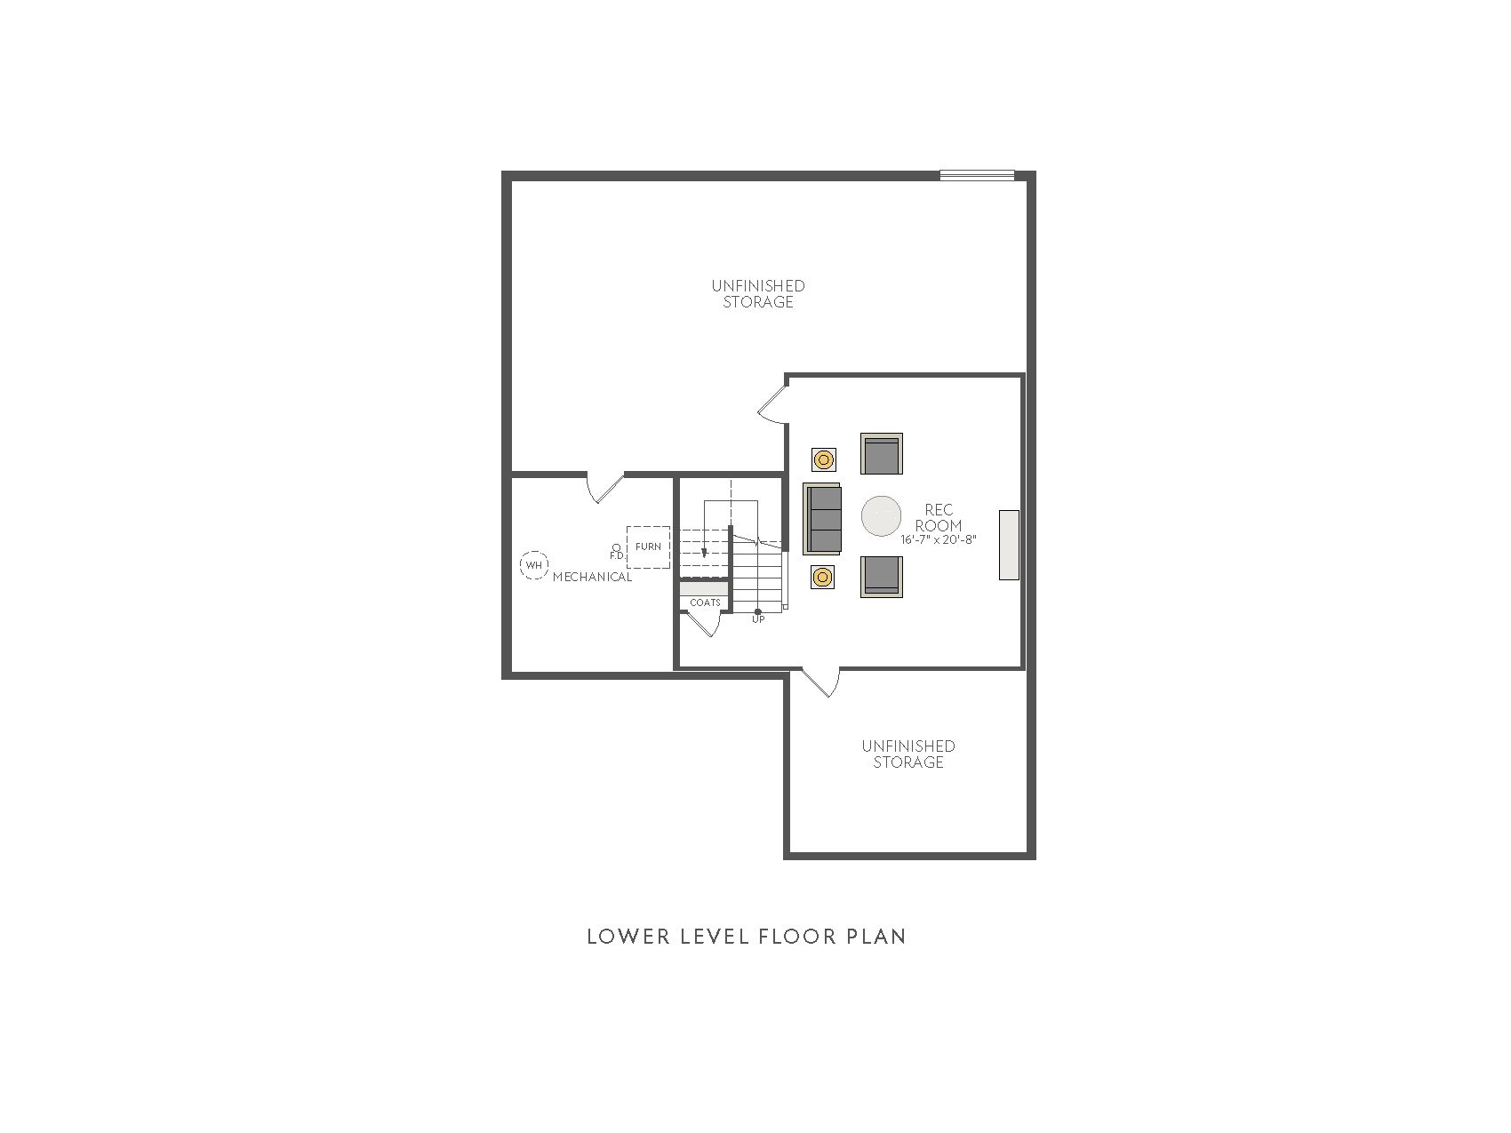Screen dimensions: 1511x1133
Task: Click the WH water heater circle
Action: tap(534, 565)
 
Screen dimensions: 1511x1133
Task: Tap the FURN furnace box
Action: tap(648, 547)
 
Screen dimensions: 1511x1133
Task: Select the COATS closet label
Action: tap(705, 602)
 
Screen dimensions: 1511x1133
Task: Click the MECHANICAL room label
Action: tap(592, 577)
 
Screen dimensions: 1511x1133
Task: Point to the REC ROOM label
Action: tap(939, 517)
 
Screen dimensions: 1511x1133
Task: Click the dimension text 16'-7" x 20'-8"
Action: tap(939, 539)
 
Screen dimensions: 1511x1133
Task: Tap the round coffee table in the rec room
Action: tap(881, 516)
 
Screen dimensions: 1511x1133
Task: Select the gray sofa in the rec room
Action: tap(821, 518)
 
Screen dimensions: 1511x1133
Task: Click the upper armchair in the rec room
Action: tap(881, 454)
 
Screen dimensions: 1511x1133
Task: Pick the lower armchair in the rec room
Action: tap(881, 577)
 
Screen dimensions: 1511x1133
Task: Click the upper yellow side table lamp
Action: tap(823, 459)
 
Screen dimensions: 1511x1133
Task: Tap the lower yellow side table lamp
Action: tap(823, 578)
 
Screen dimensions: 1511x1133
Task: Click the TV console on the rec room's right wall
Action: tap(1009, 545)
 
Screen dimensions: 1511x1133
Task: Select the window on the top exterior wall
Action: tap(977, 175)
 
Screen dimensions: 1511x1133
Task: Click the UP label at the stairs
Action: tap(758, 619)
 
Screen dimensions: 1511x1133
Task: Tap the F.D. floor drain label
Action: tap(616, 555)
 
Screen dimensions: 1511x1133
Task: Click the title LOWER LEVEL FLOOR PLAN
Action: tap(747, 937)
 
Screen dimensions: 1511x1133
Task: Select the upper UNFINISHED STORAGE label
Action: tap(758, 294)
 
